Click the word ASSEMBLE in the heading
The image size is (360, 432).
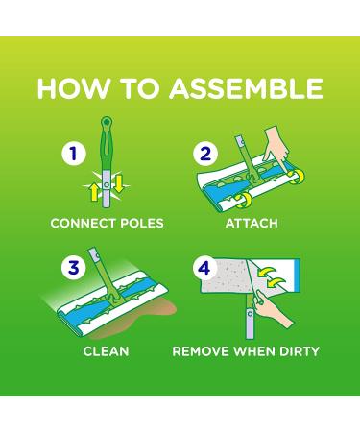246,88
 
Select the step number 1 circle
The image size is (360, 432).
74,154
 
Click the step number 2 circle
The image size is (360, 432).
205,154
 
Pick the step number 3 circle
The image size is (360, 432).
74,268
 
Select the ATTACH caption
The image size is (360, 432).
252,224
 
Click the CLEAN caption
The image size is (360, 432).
106,351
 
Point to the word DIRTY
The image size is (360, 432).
300,351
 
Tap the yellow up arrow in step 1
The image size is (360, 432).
94,192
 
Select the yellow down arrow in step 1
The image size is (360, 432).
118,184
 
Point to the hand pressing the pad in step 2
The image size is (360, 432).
276,146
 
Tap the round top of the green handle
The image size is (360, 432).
107,122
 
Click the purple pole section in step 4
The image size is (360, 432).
250,323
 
